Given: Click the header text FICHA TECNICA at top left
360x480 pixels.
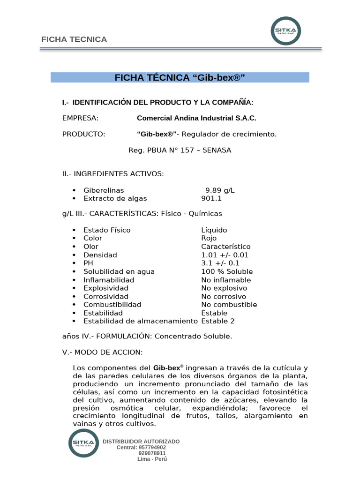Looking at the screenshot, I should click(x=74, y=39).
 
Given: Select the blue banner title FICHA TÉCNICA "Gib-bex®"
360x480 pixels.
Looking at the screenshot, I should click(x=180, y=78).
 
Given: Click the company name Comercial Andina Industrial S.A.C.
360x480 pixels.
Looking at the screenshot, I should click(x=196, y=118).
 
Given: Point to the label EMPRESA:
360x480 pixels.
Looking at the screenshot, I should click(x=80, y=118).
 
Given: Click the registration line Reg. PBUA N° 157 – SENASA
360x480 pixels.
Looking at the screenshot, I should click(x=180, y=150).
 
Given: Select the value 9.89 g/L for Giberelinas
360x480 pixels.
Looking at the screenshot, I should click(x=220, y=190).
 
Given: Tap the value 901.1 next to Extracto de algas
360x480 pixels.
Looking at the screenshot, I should click(x=211, y=198).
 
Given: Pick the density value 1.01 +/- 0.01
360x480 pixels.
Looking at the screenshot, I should click(x=225, y=255).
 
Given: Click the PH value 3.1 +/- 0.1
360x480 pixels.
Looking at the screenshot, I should click(x=220, y=263).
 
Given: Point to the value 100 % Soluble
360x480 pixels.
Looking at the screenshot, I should click(x=227, y=271).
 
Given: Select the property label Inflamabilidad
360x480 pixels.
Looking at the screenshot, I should click(x=109, y=280).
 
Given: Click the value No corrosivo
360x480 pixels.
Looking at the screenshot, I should click(x=224, y=297).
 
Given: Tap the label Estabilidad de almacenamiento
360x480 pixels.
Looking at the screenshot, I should click(x=141, y=321).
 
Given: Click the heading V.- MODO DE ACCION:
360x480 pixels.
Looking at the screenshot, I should click(x=102, y=352).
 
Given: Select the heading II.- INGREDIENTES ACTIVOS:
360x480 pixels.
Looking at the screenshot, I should click(x=113, y=174).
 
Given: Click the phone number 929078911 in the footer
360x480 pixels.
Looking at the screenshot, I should click(x=152, y=453).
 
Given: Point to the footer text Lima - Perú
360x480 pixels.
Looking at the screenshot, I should click(x=152, y=459).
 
